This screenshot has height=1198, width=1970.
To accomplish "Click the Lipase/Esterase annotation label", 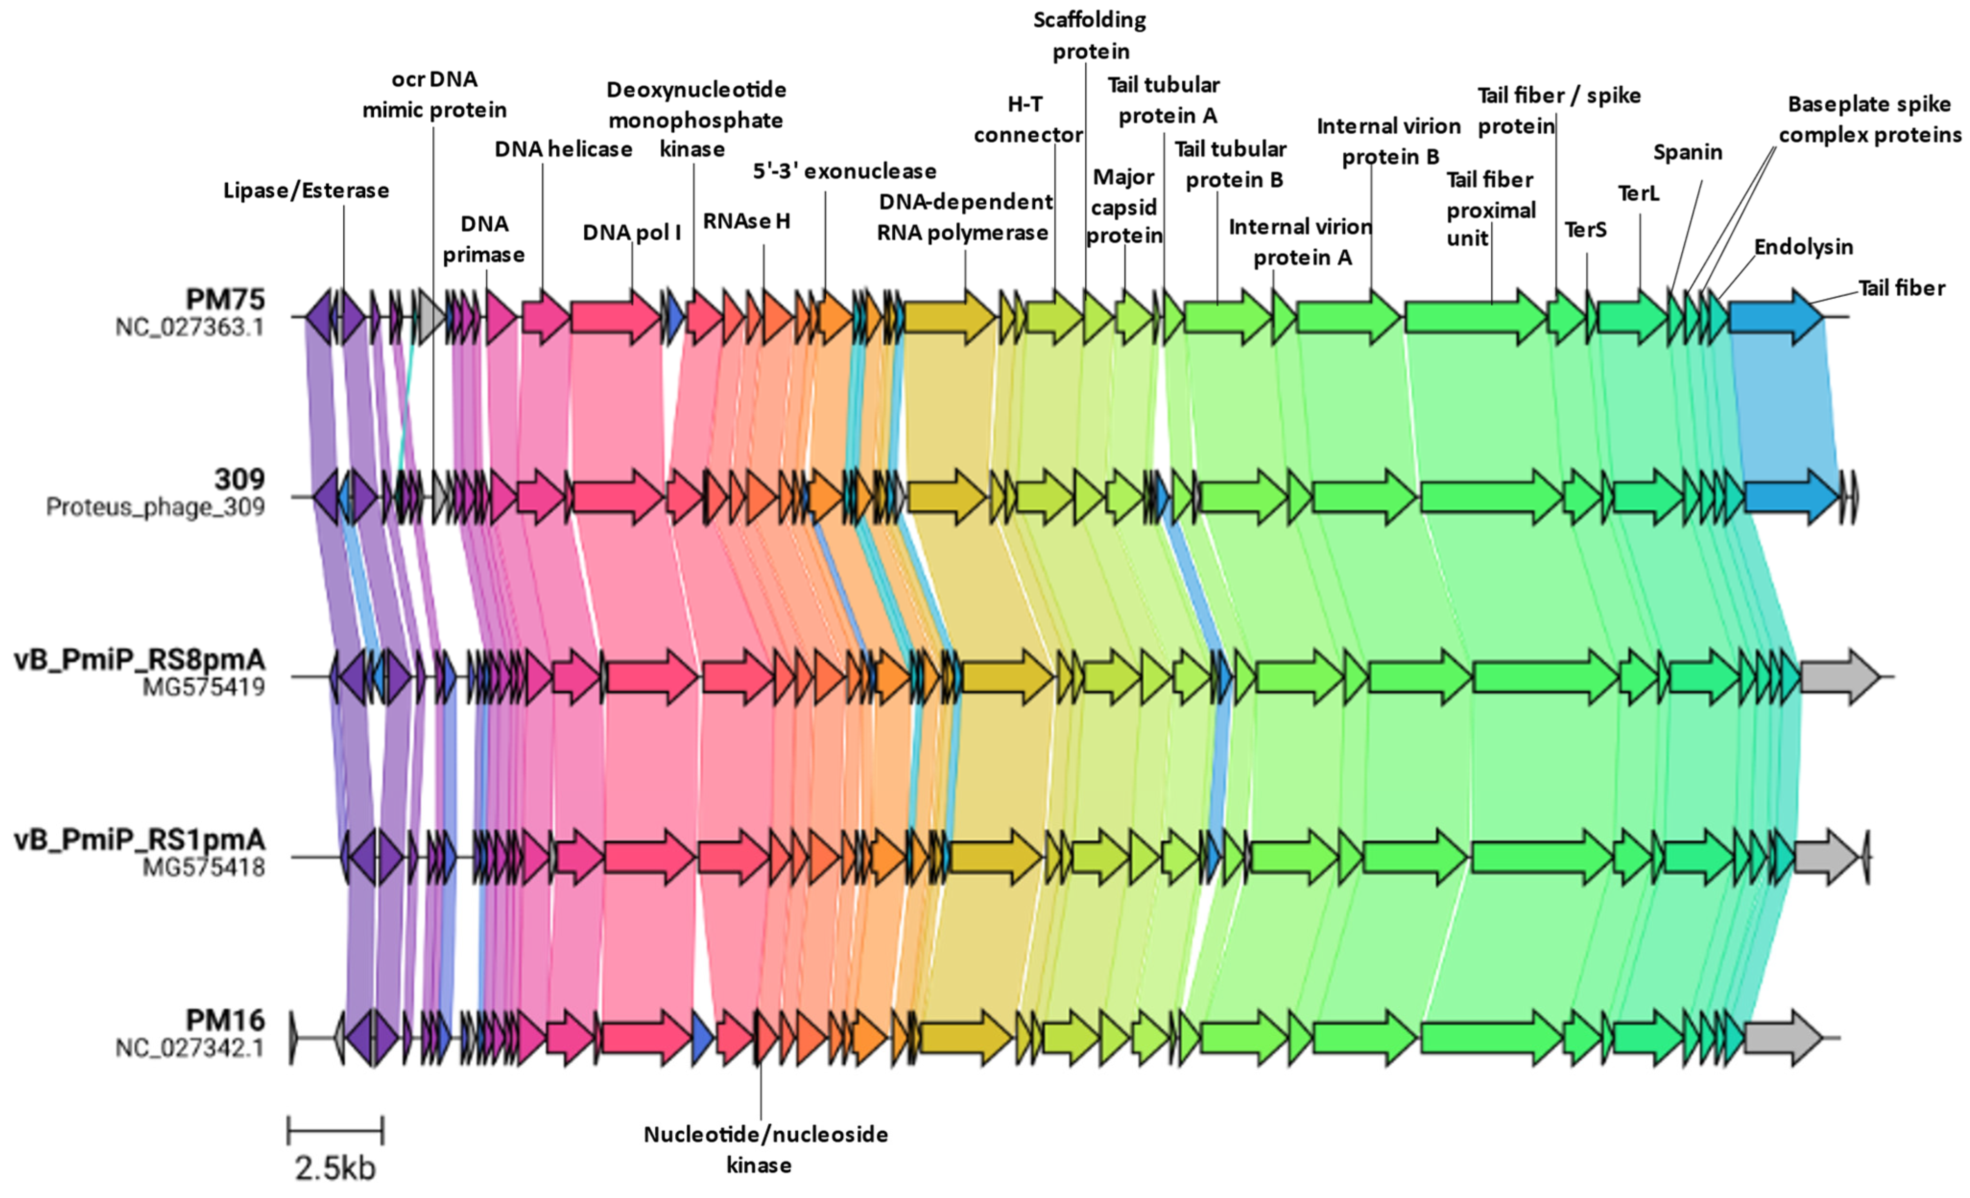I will [306, 190].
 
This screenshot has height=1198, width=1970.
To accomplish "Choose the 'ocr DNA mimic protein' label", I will [434, 94].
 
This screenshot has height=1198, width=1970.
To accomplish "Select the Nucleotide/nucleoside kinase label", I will [765, 1149].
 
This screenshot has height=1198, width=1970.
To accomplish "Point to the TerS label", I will [1585, 230].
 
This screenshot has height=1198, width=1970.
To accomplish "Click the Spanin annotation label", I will [1687, 152].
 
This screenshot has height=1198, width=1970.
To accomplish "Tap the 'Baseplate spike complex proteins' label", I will [1870, 119].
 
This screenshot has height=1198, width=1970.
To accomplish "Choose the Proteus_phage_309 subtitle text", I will [155, 507].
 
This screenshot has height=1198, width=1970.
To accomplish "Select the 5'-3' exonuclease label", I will [844, 171].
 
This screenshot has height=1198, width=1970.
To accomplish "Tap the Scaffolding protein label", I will [1090, 35].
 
